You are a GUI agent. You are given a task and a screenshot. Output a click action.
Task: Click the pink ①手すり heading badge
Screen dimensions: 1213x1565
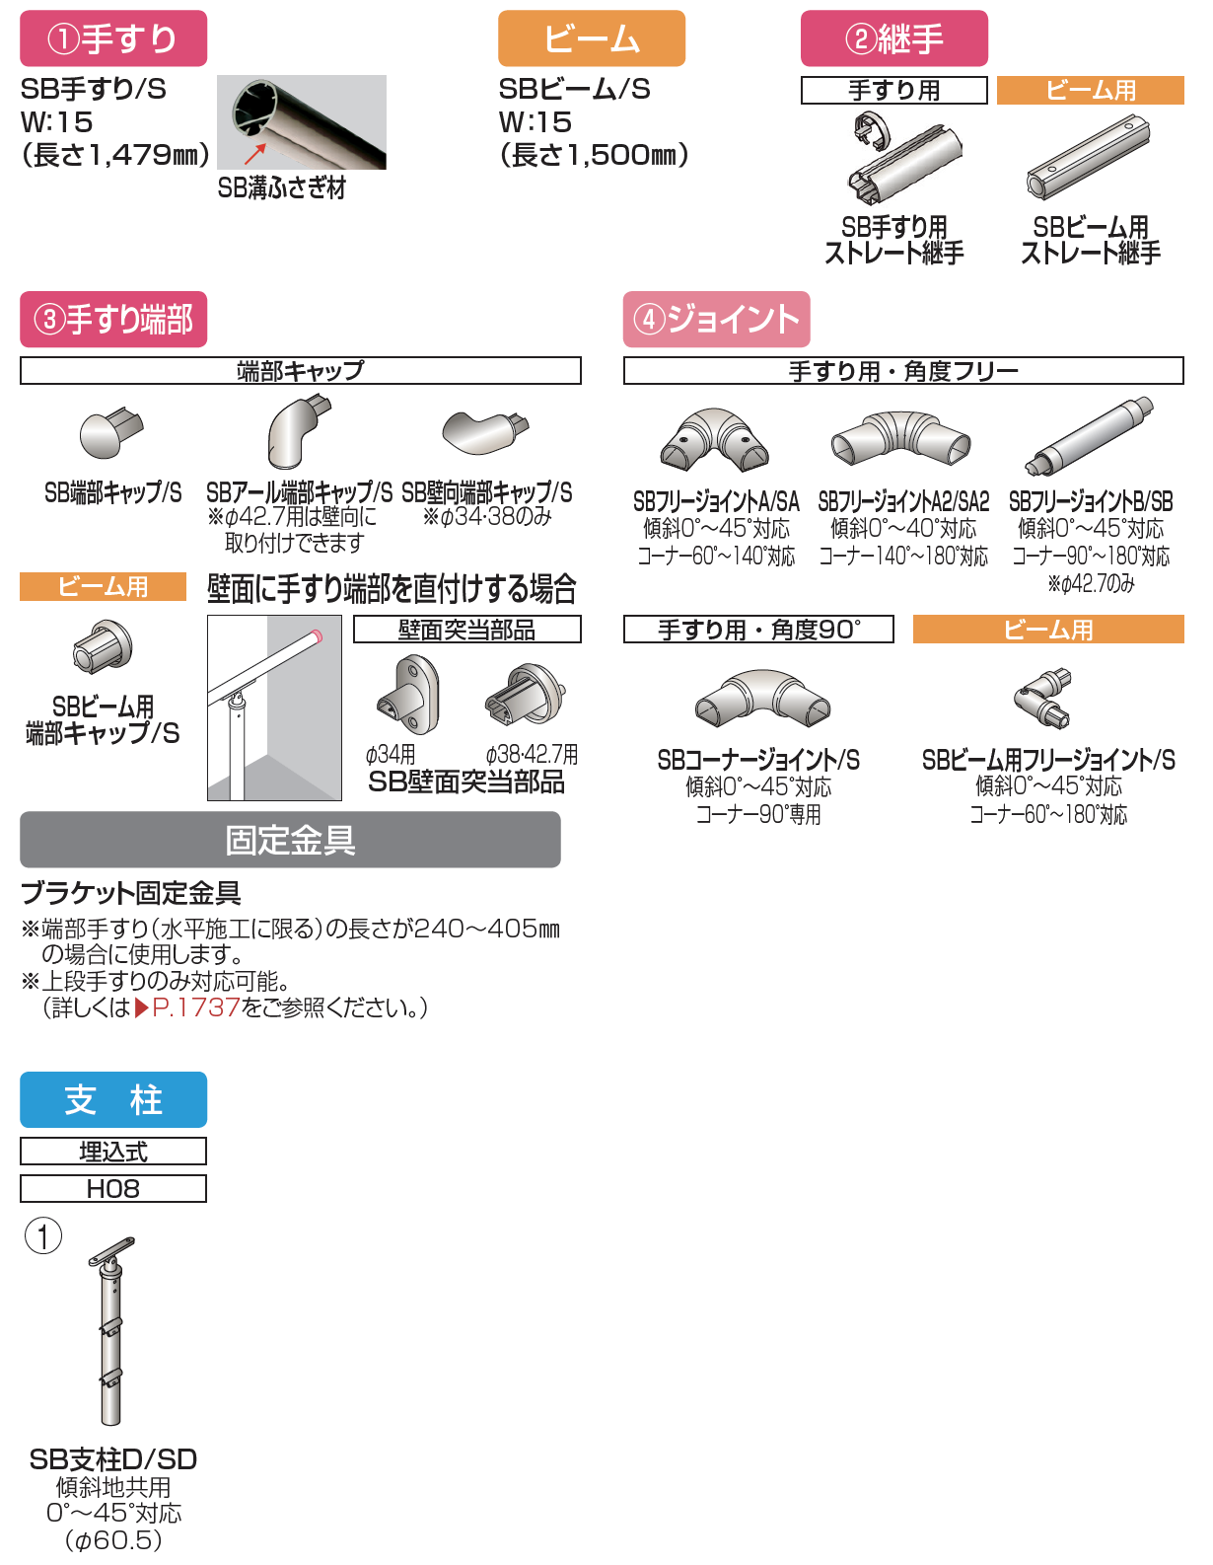tap(113, 38)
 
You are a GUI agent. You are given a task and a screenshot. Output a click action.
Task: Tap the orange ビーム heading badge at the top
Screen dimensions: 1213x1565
tap(592, 38)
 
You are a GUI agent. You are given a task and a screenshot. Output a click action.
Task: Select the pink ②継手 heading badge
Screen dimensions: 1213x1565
tap(893, 38)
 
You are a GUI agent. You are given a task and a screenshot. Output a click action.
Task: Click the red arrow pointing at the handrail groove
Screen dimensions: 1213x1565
tap(254, 154)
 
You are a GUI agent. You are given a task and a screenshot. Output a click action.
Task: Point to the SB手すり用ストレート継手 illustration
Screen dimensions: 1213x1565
tap(903, 160)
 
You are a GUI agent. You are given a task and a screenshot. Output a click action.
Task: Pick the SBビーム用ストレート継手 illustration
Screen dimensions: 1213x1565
tap(1087, 158)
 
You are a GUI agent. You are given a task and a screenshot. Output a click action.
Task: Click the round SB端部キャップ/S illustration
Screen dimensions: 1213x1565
tap(110, 432)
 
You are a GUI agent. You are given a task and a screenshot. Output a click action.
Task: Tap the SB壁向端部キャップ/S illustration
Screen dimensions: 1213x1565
tap(485, 432)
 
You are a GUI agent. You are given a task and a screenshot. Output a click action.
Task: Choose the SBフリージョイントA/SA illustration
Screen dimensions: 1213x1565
tap(714, 439)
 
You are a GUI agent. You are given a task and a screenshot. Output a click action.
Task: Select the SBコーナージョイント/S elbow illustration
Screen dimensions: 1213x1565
tap(762, 699)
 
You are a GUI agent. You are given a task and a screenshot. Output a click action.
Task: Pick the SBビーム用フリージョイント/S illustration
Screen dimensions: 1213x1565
tap(1042, 698)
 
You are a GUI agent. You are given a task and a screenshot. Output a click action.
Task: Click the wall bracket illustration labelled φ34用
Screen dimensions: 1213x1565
tap(408, 695)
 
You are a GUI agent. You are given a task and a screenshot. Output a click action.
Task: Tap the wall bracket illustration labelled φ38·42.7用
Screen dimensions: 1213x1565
tap(526, 694)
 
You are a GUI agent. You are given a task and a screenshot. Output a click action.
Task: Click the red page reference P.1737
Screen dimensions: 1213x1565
tap(195, 1006)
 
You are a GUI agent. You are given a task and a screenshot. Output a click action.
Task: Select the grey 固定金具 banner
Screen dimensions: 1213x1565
tap(290, 839)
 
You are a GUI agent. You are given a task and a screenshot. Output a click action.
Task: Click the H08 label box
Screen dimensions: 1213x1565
tap(113, 1188)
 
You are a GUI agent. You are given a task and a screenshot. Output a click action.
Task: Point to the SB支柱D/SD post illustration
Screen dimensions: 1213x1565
tap(111, 1331)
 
